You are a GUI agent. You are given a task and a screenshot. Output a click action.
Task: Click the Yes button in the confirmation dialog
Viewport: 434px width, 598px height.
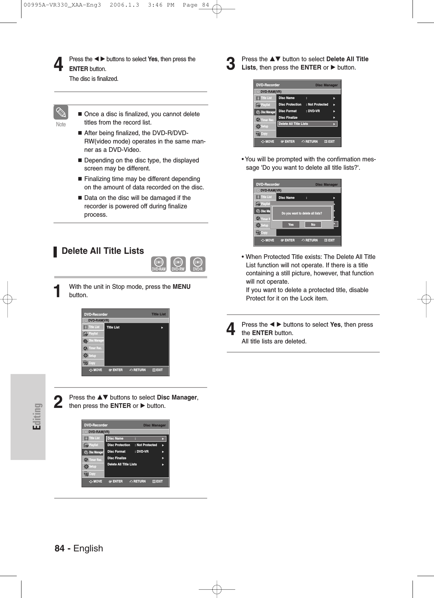coord(291,225)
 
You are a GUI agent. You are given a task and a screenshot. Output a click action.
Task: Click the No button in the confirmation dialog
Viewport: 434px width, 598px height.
coord(313,225)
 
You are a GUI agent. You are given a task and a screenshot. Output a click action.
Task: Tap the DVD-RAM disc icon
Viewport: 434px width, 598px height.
coord(159,264)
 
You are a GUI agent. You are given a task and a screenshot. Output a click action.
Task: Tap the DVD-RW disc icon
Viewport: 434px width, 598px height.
coord(178,264)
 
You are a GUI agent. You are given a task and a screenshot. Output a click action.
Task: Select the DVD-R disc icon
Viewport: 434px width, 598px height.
coord(198,264)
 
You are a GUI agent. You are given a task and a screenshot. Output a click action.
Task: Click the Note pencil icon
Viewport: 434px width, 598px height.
coord(61,113)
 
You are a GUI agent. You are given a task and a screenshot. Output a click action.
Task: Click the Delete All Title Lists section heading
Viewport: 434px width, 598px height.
coord(103,251)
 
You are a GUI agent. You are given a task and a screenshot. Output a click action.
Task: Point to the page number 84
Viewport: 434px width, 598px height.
coord(60,548)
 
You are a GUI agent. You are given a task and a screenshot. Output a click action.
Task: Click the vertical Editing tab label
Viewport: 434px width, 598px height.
coord(37,416)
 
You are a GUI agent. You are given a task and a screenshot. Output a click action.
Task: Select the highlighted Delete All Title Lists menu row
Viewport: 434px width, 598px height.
coord(307,124)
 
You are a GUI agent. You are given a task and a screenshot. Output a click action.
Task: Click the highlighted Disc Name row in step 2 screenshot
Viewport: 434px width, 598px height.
coord(136,438)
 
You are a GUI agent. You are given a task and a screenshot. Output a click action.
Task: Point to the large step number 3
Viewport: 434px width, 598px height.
coord(231,63)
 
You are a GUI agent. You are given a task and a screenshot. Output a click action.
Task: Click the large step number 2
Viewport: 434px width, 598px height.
coord(58,402)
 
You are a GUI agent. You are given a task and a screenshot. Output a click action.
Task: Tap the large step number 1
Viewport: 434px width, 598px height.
coord(57,291)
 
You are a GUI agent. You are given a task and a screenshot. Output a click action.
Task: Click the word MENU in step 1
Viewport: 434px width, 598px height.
coord(182,287)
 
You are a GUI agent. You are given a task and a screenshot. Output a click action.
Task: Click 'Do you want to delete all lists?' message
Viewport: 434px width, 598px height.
coord(302,213)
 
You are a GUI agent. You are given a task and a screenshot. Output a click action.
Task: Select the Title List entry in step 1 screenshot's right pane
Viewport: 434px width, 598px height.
coord(113,327)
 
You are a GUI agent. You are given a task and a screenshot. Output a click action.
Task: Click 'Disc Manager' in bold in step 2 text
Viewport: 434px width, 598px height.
coord(177,397)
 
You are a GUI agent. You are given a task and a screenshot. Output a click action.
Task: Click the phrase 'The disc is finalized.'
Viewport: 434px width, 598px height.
coord(94,79)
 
